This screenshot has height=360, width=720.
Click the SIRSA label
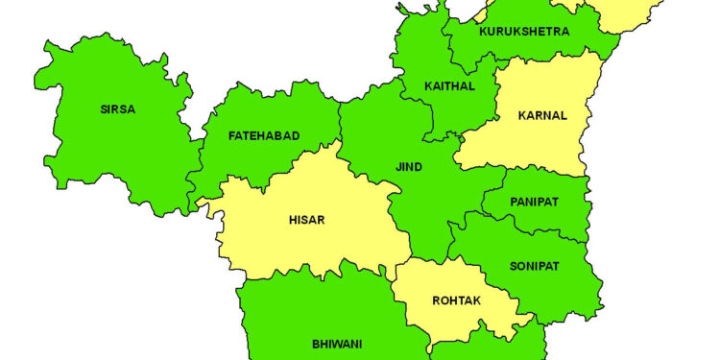coord(117,109)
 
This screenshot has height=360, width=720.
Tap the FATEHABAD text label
coord(264,136)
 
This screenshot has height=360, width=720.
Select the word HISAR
coord(306,220)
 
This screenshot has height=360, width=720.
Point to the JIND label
coord(408,167)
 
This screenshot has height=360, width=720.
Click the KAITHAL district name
coord(449,86)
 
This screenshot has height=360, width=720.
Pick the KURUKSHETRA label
coord(523,32)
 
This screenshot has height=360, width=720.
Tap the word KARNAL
coord(542,115)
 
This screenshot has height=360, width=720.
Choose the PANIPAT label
coord(535,204)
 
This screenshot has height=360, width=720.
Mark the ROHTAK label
coord(456,300)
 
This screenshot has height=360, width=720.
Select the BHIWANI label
coord(336,343)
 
